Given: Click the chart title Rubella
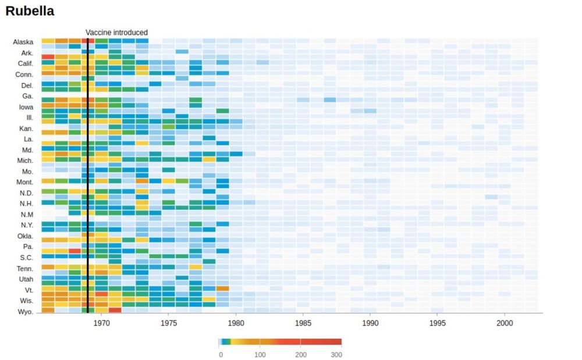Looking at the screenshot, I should click(30, 10).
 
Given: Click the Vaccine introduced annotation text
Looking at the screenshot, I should click(116, 33).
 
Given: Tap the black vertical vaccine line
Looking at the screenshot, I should click(87, 174).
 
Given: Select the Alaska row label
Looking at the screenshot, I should click(23, 42).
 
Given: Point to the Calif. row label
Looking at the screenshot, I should click(24, 63).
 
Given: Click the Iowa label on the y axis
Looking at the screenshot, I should click(26, 107).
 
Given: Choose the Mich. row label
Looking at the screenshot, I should click(24, 161).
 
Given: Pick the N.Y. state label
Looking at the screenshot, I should click(27, 225).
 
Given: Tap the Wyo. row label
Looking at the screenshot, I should click(26, 312).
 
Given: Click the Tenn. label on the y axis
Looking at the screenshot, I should click(24, 268).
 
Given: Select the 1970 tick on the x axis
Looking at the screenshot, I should click(101, 322).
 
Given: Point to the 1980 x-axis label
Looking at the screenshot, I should click(236, 322).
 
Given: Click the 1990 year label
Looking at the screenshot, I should click(370, 322).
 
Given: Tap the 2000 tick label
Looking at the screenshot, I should click(505, 322).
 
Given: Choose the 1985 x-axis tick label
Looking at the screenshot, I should click(303, 322).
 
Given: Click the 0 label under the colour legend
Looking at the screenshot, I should click(220, 354).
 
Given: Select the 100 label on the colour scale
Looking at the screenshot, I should click(260, 354).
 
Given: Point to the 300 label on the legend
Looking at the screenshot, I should click(336, 354).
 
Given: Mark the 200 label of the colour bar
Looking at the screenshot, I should click(300, 354).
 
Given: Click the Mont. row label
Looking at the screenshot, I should click(24, 182).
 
